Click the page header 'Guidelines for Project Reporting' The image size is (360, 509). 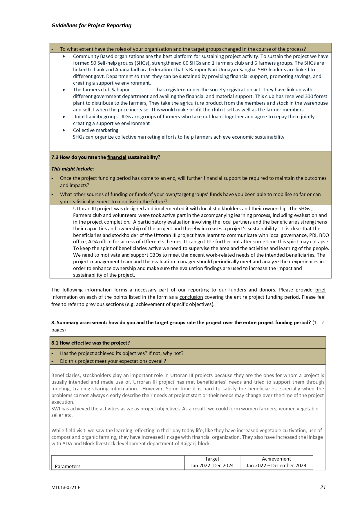coord(91,26)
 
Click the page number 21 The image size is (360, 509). coord(323,487)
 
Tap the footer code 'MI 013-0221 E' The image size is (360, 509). coord(66,488)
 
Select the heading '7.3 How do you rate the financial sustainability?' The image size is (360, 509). coord(106,157)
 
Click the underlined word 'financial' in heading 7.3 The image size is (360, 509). coord(117,157)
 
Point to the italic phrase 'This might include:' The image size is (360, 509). coord(73,169)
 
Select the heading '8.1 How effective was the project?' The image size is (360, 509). coord(91,343)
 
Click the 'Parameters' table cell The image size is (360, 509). coord(68,466)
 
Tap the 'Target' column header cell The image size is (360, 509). coord(212,462)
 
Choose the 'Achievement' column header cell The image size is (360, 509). coord(276,462)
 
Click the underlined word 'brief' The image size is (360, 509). coord(320,290)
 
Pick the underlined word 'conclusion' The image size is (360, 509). coord(191,297)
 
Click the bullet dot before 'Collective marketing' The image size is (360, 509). coord(64,130)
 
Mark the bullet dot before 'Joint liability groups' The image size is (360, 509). coord(64,117)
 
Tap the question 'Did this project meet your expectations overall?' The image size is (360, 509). coord(113,361)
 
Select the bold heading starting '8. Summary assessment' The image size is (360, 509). coord(181,323)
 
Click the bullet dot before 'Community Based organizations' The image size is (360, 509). coord(64,56)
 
